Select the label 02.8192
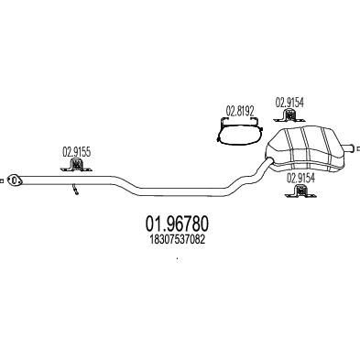239,115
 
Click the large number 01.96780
179,223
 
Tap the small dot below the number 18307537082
178,260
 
